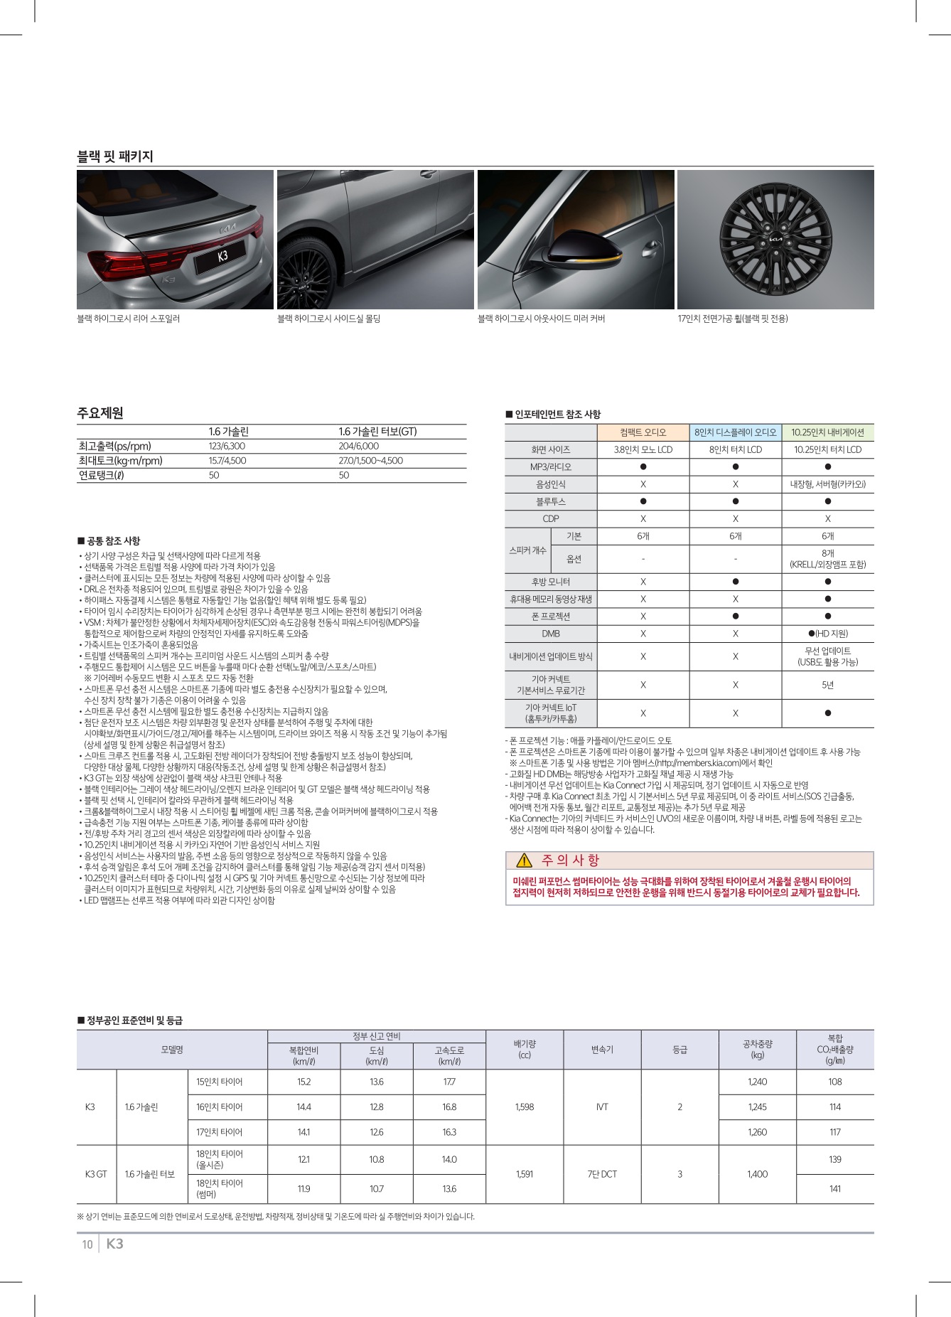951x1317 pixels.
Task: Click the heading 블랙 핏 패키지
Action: point(115,156)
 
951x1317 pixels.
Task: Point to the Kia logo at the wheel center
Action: point(775,240)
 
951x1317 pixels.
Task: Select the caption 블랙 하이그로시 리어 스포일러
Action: point(129,319)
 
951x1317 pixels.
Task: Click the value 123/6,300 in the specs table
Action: point(227,446)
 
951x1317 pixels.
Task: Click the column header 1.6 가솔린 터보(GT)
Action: point(377,432)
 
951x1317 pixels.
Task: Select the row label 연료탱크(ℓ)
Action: point(101,475)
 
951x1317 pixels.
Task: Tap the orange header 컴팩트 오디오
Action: point(643,432)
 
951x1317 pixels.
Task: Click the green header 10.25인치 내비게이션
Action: point(827,432)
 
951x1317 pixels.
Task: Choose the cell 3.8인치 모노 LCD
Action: point(643,449)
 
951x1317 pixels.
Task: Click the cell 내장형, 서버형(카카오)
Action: point(827,484)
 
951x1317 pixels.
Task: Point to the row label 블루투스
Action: point(550,501)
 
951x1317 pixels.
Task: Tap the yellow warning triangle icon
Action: point(525,860)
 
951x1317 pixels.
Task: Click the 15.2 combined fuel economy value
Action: point(303,1082)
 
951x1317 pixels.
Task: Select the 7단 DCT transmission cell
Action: point(602,1174)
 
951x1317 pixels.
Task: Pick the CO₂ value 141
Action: point(835,1188)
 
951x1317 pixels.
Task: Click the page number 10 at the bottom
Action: point(87,1244)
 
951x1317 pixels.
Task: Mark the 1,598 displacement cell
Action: point(525,1107)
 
